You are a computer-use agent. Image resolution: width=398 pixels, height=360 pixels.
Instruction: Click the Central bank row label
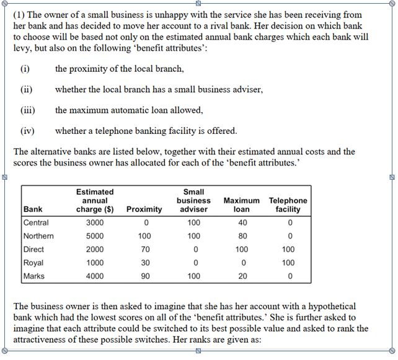click(x=36, y=222)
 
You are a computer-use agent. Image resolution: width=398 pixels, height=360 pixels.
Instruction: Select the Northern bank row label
click(x=38, y=236)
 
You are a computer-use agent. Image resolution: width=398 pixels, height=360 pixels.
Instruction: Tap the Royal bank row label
click(x=33, y=263)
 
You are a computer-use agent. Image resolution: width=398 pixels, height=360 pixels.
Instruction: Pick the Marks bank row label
click(x=33, y=276)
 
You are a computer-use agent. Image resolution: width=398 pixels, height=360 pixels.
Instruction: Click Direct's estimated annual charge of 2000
click(x=95, y=250)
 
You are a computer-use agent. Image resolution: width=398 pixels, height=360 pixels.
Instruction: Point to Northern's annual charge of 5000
click(x=95, y=236)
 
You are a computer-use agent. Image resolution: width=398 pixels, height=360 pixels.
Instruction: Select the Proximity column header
click(x=144, y=209)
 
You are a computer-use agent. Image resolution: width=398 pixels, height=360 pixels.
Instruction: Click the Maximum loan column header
click(x=242, y=205)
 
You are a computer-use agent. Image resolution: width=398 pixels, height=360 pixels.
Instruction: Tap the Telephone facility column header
click(x=288, y=205)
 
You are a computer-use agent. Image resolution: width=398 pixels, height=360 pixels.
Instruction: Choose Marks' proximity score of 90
click(x=144, y=276)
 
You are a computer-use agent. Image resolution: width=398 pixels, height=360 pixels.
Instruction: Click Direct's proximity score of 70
click(x=144, y=250)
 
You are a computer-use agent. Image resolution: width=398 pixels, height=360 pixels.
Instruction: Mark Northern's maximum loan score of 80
click(x=242, y=236)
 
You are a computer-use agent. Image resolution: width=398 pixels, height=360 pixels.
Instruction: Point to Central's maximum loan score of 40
click(x=242, y=222)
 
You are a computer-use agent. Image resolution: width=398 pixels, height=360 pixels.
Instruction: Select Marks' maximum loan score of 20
click(x=242, y=276)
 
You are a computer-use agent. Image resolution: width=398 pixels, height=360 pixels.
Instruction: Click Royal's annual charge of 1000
click(x=95, y=263)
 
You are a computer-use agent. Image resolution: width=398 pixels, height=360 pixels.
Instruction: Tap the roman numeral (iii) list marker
click(x=27, y=110)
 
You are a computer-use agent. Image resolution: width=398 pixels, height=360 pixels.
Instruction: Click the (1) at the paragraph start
click(x=20, y=14)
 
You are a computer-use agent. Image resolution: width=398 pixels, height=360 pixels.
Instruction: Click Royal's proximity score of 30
click(x=144, y=263)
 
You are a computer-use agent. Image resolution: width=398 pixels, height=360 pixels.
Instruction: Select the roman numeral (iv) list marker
click(x=27, y=131)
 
